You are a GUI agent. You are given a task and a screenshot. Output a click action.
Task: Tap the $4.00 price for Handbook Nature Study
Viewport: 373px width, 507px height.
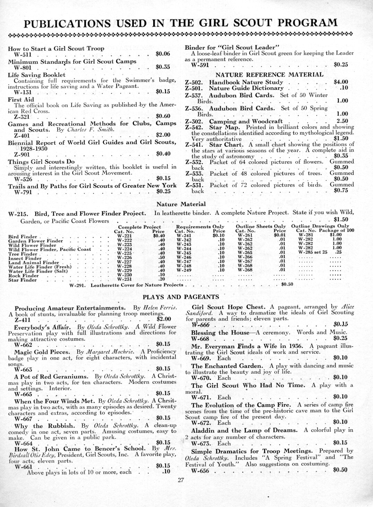[x=340, y=82]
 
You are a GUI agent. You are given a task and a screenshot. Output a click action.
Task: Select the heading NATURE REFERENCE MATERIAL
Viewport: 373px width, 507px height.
[x=270, y=74]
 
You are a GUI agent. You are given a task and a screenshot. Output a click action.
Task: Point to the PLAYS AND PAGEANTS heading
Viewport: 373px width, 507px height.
[x=181, y=297]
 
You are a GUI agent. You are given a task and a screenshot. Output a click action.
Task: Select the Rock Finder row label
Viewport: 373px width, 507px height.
[x=21, y=276]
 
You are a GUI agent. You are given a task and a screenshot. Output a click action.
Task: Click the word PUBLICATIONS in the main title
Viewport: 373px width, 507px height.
[x=68, y=24]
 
